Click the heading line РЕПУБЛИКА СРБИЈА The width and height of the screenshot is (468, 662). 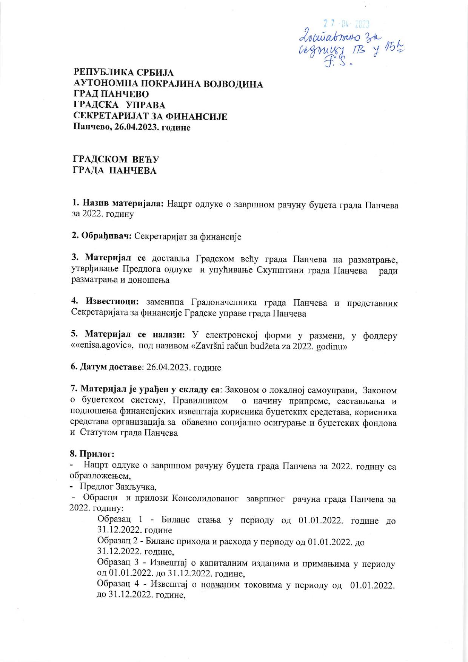coord(123,73)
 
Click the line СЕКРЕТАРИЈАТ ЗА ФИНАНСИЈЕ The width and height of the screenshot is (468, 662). coord(150,116)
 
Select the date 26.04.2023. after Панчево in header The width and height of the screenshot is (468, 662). coord(135,127)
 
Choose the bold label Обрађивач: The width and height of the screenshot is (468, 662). coord(102,237)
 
